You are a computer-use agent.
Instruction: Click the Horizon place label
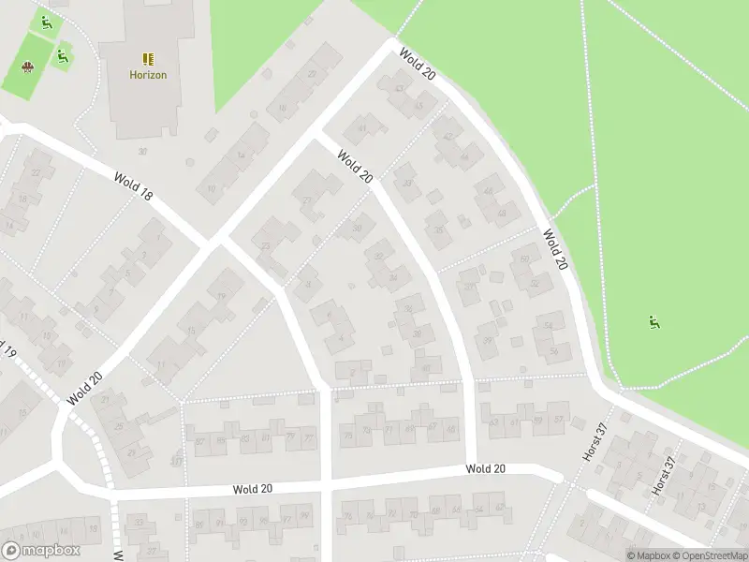pos(148,75)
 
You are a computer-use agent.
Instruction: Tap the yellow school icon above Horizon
pos(148,59)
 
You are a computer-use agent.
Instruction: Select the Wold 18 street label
pos(133,185)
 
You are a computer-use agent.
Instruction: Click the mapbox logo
pos(39,551)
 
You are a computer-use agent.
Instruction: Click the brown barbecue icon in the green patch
pos(27,67)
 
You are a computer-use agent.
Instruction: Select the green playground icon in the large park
pos(653,323)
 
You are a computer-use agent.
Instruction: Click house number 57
pos(559,421)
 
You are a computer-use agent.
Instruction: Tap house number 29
pos(131,453)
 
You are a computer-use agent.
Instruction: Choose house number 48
pos(502,213)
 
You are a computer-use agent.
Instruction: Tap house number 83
pos(244,438)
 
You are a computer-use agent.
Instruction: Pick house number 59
pos(538,421)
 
